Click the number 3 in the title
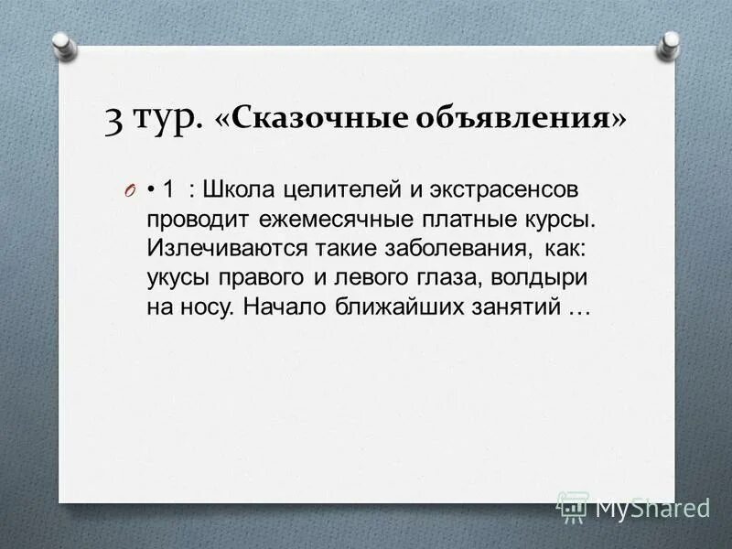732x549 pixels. pyautogui.click(x=114, y=121)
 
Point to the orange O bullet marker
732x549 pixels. pyautogui.click(x=129, y=191)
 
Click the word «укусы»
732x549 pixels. pyautogui.click(x=178, y=278)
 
